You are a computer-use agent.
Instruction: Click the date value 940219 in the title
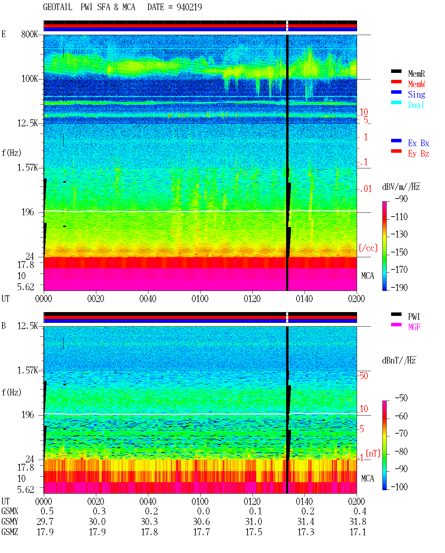189,7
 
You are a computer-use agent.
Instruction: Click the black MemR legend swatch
396,71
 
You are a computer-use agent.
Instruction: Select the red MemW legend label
416,84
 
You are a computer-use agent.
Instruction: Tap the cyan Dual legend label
416,105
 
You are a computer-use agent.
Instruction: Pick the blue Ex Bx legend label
419,143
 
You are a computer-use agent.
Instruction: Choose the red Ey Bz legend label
419,154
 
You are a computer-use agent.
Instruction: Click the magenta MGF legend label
414,327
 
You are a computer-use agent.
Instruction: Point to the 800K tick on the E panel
29,34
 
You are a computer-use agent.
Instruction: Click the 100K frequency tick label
29,79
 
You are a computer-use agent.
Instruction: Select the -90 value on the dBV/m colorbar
401,199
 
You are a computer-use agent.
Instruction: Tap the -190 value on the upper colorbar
399,287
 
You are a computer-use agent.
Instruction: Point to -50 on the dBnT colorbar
401,398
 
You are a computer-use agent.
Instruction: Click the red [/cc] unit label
368,248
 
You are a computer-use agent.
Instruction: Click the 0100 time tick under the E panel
200,299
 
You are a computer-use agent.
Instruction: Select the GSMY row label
10,521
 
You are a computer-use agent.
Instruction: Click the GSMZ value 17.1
358,532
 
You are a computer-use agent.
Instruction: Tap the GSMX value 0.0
203,511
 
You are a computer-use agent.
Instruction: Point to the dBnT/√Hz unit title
399,360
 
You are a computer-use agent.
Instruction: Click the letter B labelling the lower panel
3,326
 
